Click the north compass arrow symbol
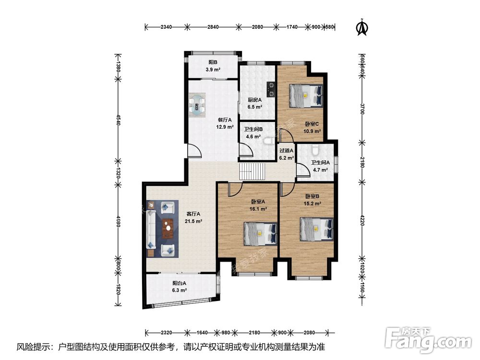pyautogui.click(x=362, y=27)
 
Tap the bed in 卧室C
pyautogui.click(x=306, y=96)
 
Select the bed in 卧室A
pyautogui.click(x=260, y=234)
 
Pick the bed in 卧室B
pyautogui.click(x=316, y=229)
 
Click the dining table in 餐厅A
pyautogui.click(x=197, y=105)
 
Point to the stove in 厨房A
pyautogui.click(x=271, y=89)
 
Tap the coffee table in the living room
pyautogui.click(x=168, y=228)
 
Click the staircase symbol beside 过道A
pyautogui.click(x=252, y=172)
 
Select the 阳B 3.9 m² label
pyautogui.click(x=213, y=66)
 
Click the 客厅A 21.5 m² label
pyautogui.click(x=193, y=217)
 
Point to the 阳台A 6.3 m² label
pyautogui.click(x=180, y=287)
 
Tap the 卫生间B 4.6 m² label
pyautogui.click(x=253, y=133)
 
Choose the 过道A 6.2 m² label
pyautogui.click(x=287, y=154)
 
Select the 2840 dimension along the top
pyautogui.click(x=213, y=27)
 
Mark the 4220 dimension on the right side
pyautogui.click(x=362, y=220)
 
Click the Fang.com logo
pyautogui.click(x=428, y=340)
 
